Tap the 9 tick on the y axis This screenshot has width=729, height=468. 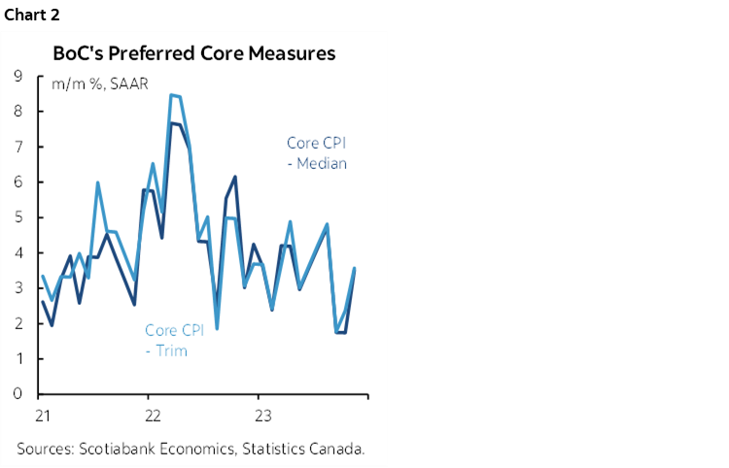click(x=18, y=76)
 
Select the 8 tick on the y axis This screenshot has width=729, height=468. click(x=18, y=112)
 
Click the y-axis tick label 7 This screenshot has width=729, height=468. click(x=18, y=147)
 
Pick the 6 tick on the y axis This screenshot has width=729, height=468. click(x=18, y=183)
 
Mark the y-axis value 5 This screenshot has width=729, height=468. click(x=18, y=217)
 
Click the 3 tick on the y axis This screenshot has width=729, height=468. click(x=18, y=288)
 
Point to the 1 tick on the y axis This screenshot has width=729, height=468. click(x=18, y=359)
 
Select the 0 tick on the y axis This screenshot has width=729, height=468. click(x=18, y=394)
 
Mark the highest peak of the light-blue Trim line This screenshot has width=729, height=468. click(x=172, y=94)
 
